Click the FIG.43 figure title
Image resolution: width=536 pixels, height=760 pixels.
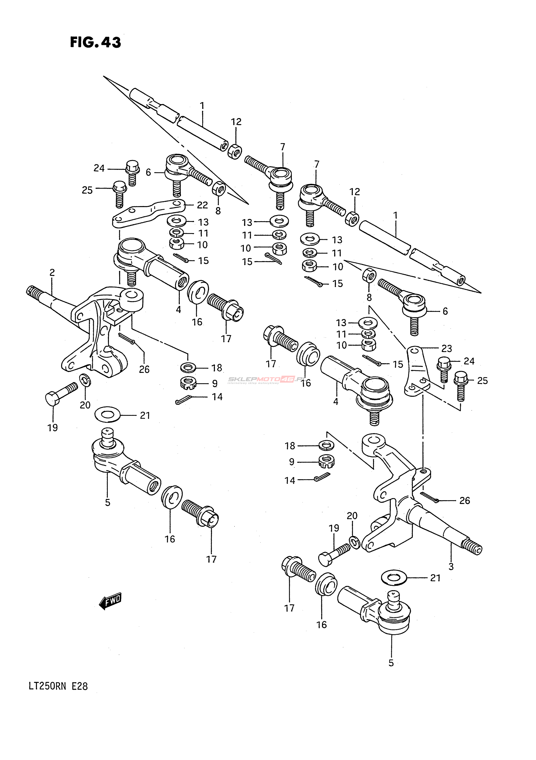coord(95,42)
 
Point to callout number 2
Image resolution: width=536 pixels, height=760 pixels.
coord(52,273)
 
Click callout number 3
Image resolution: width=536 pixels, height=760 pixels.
coord(451,567)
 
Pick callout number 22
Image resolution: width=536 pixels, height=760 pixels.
coord(202,205)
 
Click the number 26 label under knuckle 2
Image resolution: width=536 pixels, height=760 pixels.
coord(144,369)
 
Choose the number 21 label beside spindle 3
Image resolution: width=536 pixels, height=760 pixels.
coord(435,578)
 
